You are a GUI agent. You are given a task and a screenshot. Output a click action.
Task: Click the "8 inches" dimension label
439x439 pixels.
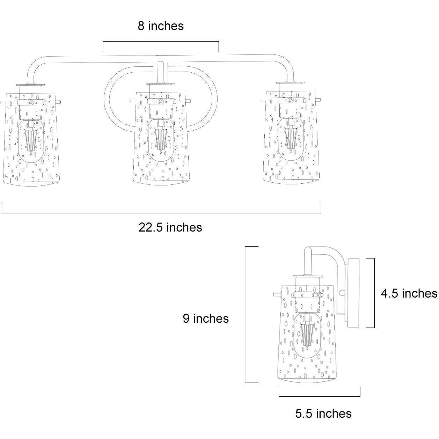pos(161,26)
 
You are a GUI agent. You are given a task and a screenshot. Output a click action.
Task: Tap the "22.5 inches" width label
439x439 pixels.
pos(170,227)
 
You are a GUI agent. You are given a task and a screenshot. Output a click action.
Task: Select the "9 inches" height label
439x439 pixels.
pos(206,318)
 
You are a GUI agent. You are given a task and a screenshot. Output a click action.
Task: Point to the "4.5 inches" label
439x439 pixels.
pos(409,293)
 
